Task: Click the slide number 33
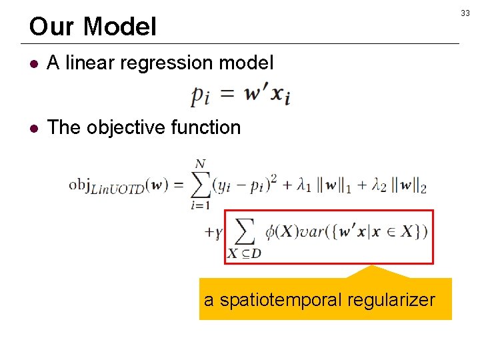pyautogui.click(x=465, y=13)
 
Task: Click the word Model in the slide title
pyautogui.click(x=121, y=27)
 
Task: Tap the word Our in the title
pyautogui.click(x=52, y=27)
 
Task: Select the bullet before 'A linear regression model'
pyautogui.click(x=35, y=64)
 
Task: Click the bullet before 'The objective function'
pyautogui.click(x=35, y=128)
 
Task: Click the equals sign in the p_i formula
pyautogui.click(x=227, y=95)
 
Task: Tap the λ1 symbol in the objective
pyautogui.click(x=306, y=187)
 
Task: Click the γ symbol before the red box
pyautogui.click(x=218, y=233)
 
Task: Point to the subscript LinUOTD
pyautogui.click(x=125, y=190)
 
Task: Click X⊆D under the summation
pyautogui.click(x=243, y=253)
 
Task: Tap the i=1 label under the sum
pyautogui.click(x=199, y=205)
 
